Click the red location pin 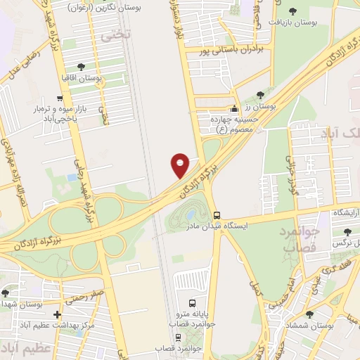tap(180, 165)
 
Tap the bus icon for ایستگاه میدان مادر tap(217, 215)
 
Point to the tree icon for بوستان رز tap(261, 95)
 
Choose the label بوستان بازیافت tap(293, 22)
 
